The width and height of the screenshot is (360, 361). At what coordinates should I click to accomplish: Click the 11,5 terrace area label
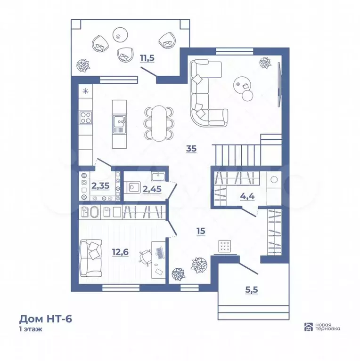147,58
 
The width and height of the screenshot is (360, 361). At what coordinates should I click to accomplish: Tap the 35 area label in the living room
191,149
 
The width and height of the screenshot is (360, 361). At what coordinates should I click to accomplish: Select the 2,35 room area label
100,185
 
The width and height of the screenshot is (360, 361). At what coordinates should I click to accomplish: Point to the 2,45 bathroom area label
152,189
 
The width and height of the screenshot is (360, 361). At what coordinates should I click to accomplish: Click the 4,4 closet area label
247,196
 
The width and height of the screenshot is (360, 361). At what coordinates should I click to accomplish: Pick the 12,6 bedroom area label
120,252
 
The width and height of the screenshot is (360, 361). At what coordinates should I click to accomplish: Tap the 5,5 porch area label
252,290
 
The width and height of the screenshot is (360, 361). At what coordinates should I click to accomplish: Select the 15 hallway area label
201,231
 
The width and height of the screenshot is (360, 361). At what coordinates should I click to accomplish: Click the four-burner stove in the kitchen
85,118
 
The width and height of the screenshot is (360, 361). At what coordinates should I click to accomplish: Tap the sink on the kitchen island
119,125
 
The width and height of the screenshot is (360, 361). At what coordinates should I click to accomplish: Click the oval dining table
159,123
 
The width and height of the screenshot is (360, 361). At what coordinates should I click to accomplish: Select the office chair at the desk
146,257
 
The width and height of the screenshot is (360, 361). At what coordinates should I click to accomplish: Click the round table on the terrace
120,35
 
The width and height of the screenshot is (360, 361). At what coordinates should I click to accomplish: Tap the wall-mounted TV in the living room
279,85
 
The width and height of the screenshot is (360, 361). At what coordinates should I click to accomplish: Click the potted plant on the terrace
83,65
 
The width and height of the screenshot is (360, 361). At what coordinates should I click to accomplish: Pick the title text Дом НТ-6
45,319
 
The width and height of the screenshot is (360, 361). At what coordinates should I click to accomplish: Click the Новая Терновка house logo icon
309,327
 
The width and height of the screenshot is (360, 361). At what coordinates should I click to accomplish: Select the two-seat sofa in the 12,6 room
90,258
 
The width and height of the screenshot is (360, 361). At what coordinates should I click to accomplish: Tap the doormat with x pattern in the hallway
224,246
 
